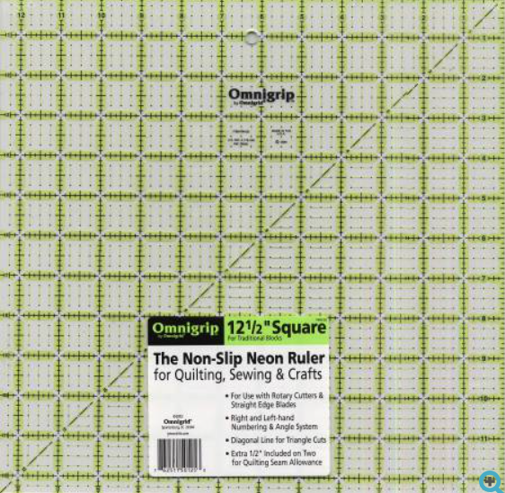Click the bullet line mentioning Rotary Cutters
coord(274,397)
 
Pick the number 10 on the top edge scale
coord(101,16)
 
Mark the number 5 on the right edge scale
coord(484,198)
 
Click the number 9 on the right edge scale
coord(484,359)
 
